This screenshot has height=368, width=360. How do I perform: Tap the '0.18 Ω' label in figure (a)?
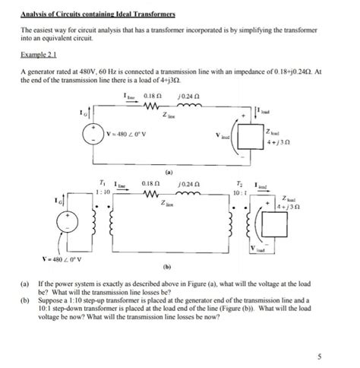[x=153, y=95]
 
